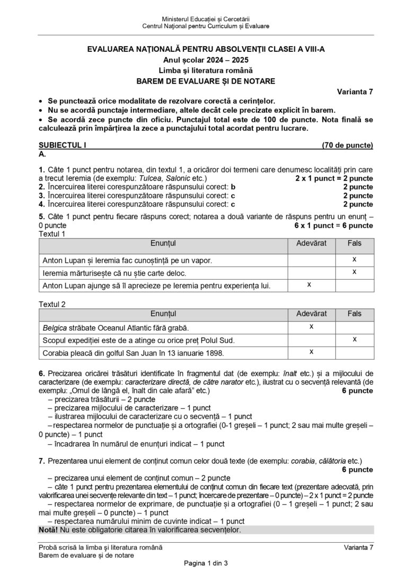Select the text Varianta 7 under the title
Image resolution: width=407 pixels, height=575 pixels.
(x=355, y=91)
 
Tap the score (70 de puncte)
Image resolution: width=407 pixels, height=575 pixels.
(x=347, y=145)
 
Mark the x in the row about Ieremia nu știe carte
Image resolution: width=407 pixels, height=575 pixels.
(x=354, y=272)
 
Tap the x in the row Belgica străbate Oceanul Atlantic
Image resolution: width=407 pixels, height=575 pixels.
(x=311, y=326)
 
